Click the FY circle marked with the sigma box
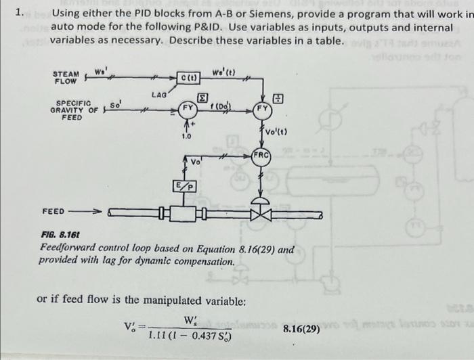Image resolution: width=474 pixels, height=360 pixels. coord(188,107)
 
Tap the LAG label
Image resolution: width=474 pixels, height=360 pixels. coord(160,96)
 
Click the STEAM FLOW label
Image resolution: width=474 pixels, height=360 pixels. coord(66,76)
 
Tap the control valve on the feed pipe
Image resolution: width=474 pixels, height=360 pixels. coord(260,214)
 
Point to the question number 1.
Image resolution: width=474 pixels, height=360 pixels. coord(21,12)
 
